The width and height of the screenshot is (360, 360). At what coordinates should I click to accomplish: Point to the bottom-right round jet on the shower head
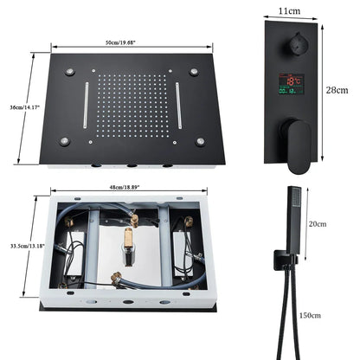200,140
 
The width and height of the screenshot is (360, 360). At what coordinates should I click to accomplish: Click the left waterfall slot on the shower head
87,106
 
